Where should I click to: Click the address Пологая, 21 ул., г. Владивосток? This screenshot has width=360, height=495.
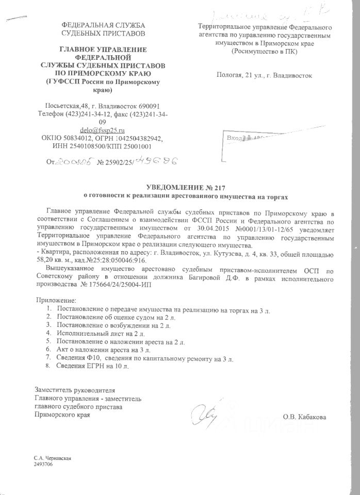click(265, 75)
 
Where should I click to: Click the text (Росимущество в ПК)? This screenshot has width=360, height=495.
click(264, 52)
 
